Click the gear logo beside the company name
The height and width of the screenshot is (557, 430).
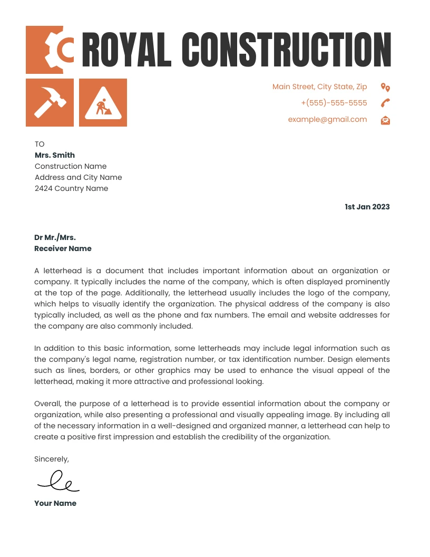(50, 50)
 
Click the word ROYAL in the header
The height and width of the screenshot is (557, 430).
(126, 50)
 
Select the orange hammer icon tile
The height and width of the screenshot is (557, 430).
(50, 102)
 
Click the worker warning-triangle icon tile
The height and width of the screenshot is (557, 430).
(103, 102)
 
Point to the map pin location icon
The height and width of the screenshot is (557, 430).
(385, 87)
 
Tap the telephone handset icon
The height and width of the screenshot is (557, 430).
(385, 103)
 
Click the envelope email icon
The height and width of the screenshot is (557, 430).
(385, 120)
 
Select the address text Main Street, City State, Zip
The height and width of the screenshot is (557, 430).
(319, 87)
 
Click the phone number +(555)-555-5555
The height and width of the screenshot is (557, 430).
(334, 103)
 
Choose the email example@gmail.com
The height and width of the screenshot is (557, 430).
(327, 119)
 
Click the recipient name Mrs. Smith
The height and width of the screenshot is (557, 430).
(55, 155)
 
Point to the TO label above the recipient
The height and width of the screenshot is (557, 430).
(40, 144)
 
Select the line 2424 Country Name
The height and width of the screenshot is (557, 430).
(71, 188)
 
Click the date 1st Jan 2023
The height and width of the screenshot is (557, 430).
(367, 207)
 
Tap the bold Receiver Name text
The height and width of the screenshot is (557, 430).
(63, 248)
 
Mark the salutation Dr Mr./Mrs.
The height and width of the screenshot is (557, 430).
(55, 237)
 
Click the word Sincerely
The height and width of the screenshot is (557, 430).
(51, 459)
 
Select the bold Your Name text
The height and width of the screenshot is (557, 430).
(55, 503)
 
